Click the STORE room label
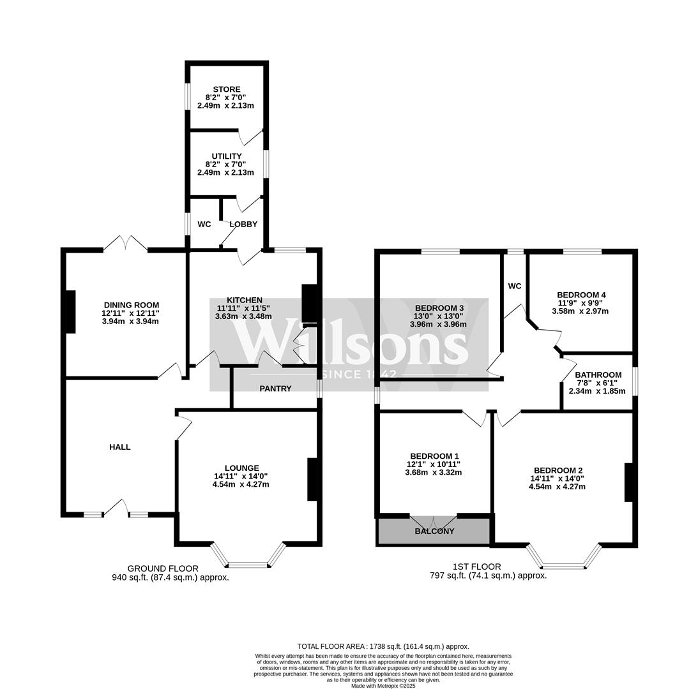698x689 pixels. (x=227, y=89)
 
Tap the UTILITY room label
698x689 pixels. (x=227, y=156)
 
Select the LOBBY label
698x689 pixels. (x=243, y=224)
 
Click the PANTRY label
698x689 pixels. (x=275, y=389)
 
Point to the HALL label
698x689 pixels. (x=119, y=447)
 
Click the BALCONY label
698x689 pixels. (x=434, y=531)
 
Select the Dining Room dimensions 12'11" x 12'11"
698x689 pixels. (x=130, y=313)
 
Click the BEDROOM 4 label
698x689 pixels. (x=581, y=295)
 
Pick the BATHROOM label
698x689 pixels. (x=598, y=375)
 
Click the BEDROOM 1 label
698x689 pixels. (x=434, y=456)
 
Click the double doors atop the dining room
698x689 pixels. (x=126, y=243)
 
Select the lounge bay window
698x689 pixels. (x=248, y=559)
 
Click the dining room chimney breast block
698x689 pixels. (x=70, y=311)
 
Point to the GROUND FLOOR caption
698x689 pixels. (x=163, y=568)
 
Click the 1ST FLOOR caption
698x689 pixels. (x=476, y=567)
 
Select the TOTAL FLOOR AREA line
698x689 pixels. (x=383, y=646)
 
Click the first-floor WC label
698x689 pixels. (x=515, y=286)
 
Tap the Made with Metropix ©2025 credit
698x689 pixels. (x=383, y=686)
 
